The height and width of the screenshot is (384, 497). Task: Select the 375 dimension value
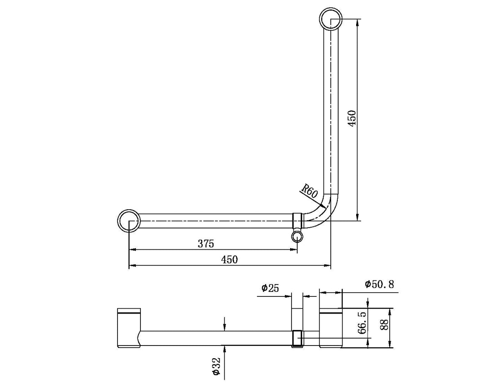pos(206,244)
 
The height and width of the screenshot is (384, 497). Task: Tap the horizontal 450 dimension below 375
pos(229,260)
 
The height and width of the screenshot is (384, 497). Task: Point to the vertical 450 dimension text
pos(352,118)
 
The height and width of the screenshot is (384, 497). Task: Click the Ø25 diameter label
pos(270,288)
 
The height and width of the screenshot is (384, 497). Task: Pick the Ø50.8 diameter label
pos(380,285)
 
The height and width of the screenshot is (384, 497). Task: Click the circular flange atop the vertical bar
pos(331,19)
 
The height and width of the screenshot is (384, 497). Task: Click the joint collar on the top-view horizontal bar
pos(298,221)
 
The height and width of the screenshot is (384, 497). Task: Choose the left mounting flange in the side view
pos(129,328)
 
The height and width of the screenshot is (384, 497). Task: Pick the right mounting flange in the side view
pos(330,328)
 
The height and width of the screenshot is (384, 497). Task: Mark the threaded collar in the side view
pos(298,339)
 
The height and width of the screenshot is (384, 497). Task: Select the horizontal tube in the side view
pos(217,338)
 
